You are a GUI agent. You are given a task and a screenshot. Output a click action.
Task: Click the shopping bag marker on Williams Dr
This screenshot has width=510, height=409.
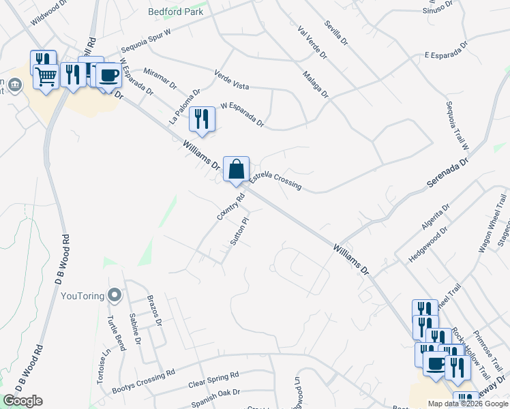coord(236,168)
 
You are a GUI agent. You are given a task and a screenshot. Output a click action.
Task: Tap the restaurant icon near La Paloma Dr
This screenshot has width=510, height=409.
coord(202,119)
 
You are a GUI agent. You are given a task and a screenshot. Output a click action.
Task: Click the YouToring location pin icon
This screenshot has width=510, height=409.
coord(115,296)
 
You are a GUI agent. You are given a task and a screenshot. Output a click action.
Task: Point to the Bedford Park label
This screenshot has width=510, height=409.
coord(177,12)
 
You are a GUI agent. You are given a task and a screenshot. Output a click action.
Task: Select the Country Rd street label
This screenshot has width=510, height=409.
coord(230,207)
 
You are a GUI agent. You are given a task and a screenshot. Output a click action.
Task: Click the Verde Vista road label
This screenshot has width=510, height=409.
coord(231,80)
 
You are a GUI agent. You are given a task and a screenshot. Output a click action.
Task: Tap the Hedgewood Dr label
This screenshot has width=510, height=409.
coord(427,241)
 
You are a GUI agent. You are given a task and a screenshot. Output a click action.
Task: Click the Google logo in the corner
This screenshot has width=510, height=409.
coord(22,401)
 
